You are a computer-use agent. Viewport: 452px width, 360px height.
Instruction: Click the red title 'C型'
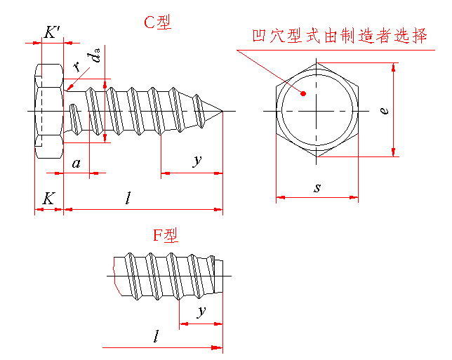pos(157,22)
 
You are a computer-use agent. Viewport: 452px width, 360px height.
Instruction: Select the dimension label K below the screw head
pos(48,199)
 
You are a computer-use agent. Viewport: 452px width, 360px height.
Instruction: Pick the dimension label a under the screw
pos(77,164)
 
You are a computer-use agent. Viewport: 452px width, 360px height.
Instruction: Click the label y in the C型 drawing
pos(197,161)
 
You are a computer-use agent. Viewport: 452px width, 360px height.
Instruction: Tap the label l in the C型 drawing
pos(128,199)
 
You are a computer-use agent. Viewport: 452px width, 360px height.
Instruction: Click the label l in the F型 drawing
pos(155,337)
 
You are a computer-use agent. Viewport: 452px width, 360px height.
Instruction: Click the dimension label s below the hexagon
pos(317,188)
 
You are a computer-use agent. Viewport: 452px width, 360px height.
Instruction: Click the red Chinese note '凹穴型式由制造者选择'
pos(339,36)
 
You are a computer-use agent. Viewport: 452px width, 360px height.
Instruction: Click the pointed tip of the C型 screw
pos(224,112)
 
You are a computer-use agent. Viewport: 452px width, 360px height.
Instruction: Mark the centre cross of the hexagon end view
pos(317,112)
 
